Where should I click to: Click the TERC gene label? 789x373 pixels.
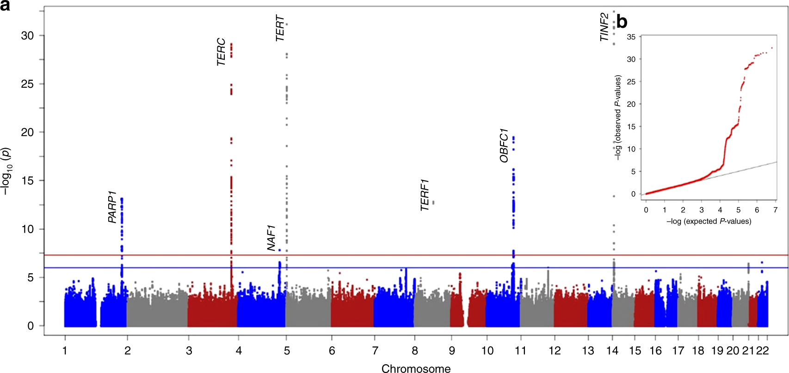click(x=221, y=52)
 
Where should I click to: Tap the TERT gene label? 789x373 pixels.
click(x=280, y=28)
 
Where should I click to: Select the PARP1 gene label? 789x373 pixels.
click(x=112, y=207)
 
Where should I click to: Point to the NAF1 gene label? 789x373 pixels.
click(x=271, y=238)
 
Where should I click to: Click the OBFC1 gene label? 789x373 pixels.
click(x=504, y=145)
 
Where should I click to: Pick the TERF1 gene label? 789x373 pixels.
click(x=425, y=195)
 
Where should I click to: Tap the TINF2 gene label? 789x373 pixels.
click(x=604, y=27)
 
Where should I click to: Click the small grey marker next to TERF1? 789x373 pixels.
click(x=433, y=202)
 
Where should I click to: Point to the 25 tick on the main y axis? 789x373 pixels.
click(x=27, y=84)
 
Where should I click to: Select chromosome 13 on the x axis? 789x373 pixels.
click(x=588, y=351)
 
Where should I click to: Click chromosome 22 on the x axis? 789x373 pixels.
click(x=762, y=351)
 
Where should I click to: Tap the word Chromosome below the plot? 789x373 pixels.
click(x=416, y=368)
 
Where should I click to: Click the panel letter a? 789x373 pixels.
click(x=5, y=6)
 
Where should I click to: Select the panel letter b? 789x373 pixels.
click(x=622, y=22)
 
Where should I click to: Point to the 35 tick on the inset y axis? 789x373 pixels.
click(x=631, y=37)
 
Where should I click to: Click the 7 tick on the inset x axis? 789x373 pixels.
click(x=775, y=210)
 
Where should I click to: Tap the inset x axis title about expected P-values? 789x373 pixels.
click(x=709, y=222)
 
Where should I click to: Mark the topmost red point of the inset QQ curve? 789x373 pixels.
click(x=771, y=48)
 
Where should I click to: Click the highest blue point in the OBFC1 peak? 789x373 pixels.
click(x=513, y=138)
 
